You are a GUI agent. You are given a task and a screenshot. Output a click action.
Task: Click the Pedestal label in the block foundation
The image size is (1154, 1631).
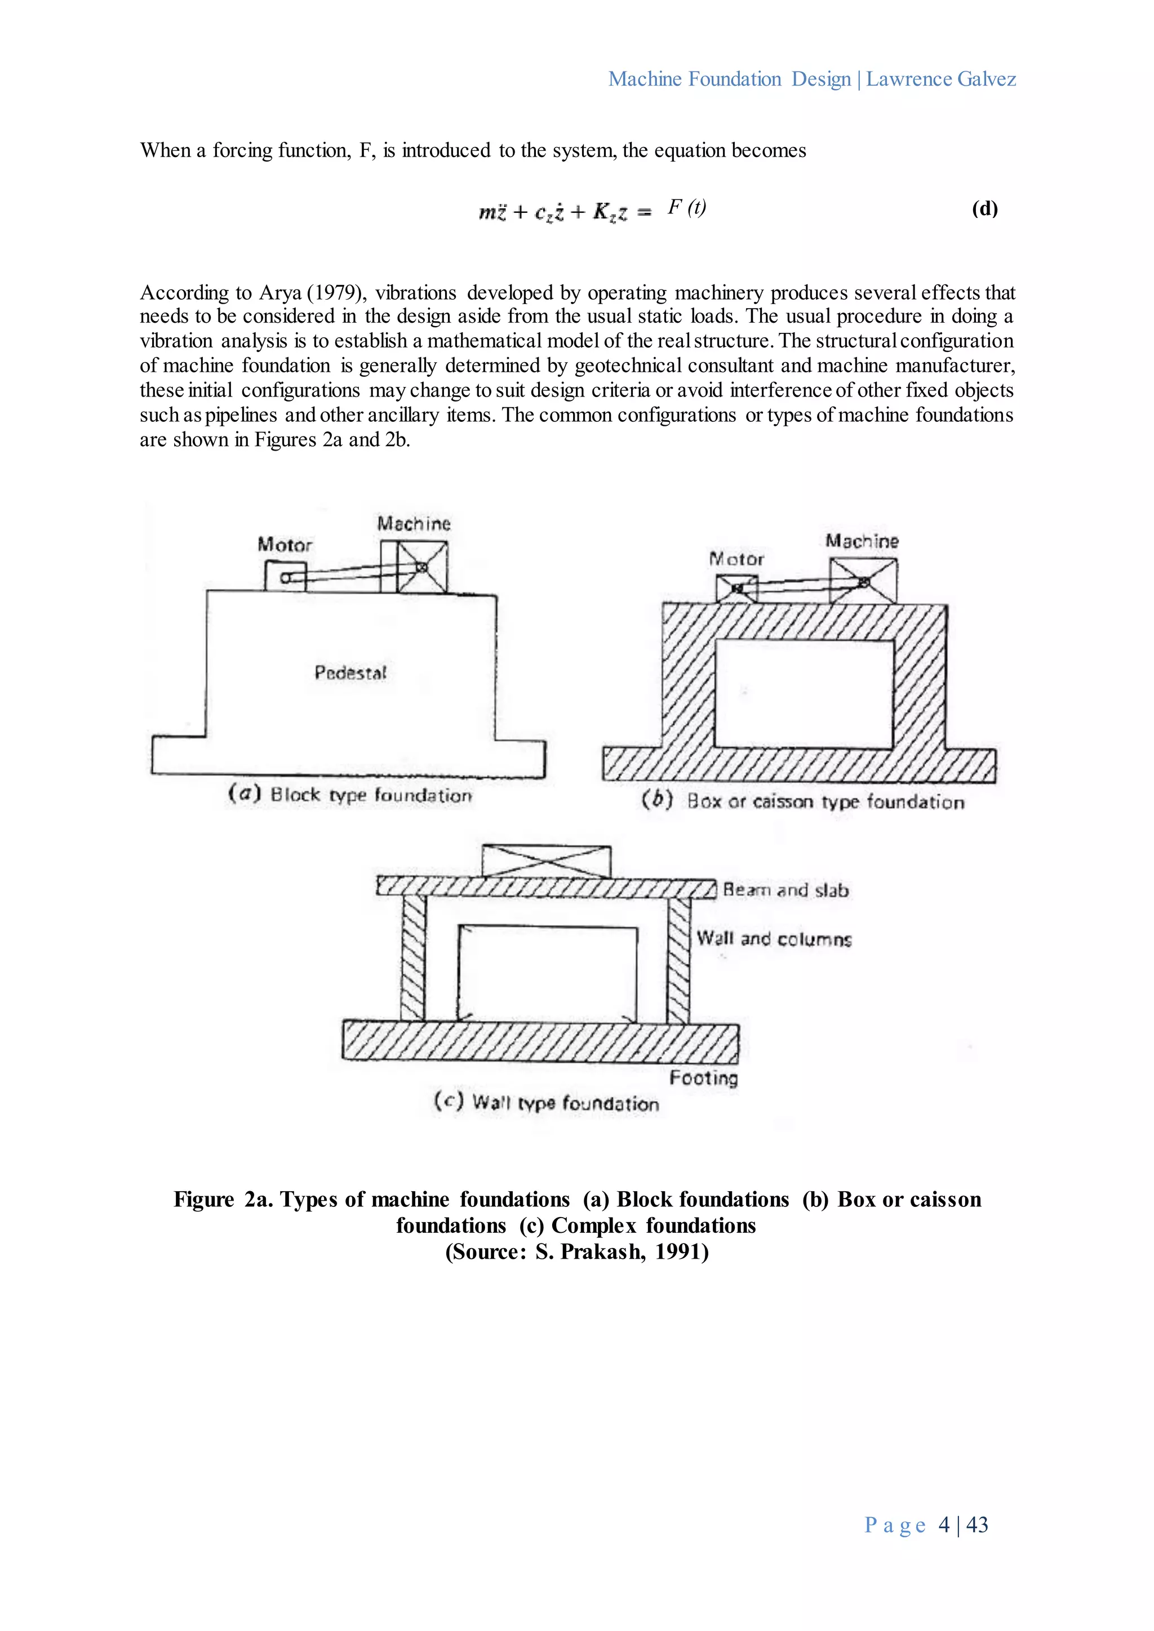pyautogui.click(x=350, y=672)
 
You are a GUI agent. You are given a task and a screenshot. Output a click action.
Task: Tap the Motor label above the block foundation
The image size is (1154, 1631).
pyautogui.click(x=285, y=545)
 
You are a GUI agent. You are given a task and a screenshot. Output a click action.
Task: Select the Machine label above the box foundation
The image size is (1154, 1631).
pyautogui.click(x=862, y=541)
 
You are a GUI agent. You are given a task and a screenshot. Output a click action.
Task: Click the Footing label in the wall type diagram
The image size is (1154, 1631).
pyautogui.click(x=703, y=1079)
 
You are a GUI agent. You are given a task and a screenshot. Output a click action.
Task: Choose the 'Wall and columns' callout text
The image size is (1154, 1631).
pyautogui.click(x=774, y=939)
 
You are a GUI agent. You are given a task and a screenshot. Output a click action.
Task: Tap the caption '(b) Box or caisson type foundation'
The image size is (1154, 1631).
pyautogui.click(x=803, y=801)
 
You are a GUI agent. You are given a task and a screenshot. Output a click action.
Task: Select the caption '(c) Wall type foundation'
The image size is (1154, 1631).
pyautogui.click(x=547, y=1103)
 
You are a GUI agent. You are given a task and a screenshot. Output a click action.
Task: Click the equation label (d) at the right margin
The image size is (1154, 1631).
pyautogui.click(x=984, y=209)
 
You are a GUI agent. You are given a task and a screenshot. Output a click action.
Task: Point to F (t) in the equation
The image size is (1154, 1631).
pyautogui.click(x=686, y=207)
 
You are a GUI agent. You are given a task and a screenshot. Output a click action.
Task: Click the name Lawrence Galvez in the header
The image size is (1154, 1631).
pyautogui.click(x=941, y=79)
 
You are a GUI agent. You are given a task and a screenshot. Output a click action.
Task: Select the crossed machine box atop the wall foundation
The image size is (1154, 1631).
pyautogui.click(x=546, y=862)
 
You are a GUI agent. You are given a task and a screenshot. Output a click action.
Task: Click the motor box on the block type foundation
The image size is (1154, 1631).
pyautogui.click(x=285, y=576)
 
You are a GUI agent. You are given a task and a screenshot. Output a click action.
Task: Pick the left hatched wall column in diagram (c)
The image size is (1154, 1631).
pyautogui.click(x=413, y=959)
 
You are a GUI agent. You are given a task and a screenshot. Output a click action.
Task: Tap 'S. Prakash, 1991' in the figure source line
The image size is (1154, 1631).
pyautogui.click(x=615, y=1251)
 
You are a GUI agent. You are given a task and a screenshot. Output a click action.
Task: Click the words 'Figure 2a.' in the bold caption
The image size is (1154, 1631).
pyautogui.click(x=223, y=1200)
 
